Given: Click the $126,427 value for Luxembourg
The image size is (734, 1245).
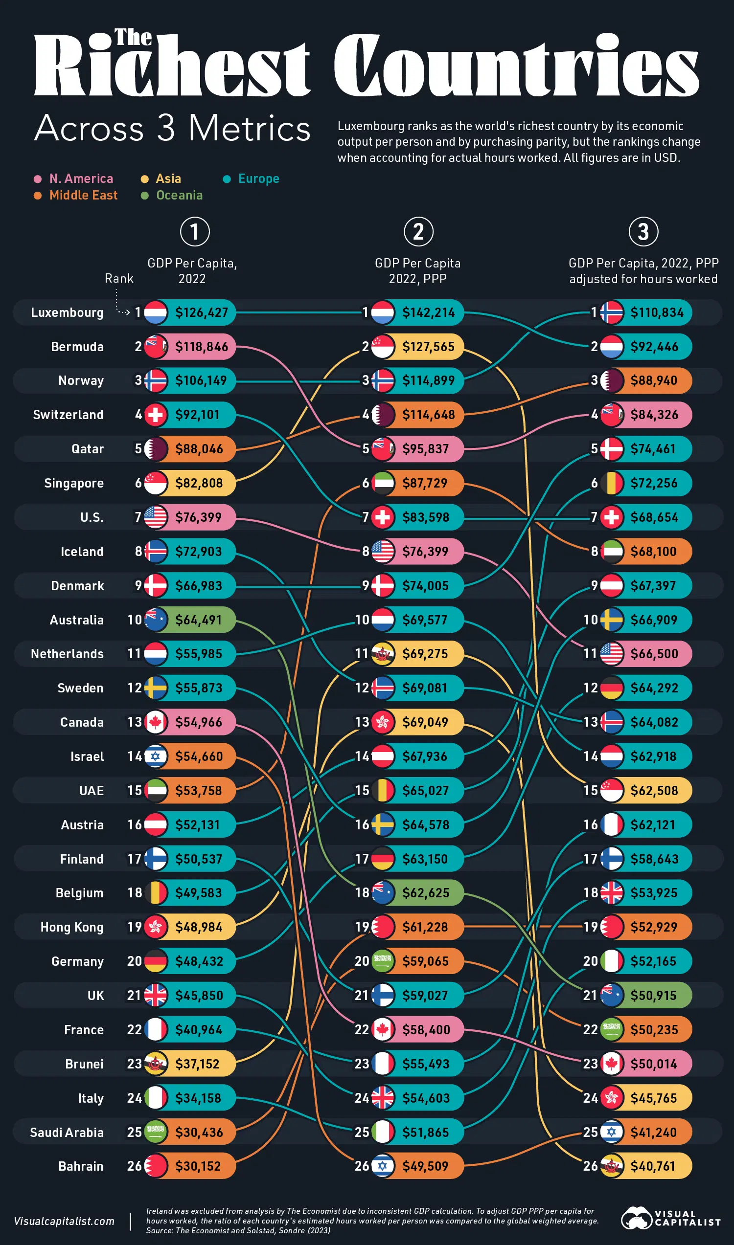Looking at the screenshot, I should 201,312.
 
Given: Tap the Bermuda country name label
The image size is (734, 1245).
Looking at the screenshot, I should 77,347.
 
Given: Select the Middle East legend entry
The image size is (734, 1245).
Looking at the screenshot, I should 83,195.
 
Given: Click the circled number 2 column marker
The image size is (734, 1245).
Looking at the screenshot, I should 418,231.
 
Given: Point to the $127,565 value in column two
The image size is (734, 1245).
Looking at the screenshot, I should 428,347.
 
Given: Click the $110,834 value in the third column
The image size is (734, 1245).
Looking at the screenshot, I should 657,312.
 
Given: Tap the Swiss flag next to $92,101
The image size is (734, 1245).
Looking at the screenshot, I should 155,415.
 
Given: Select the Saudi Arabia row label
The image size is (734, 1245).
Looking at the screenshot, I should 67,1133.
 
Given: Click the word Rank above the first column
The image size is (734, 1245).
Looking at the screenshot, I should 119,278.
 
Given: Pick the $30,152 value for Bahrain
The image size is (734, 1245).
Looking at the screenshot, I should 198,1166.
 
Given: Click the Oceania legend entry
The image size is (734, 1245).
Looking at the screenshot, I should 179,195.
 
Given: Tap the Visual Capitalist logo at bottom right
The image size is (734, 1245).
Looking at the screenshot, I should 670,1218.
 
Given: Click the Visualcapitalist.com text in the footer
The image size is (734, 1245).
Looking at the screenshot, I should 64,1221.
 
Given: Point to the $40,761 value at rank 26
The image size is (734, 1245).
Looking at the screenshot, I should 652,1166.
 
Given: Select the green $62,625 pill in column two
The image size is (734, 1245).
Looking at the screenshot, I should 426,892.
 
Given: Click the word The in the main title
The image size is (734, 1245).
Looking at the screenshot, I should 133,38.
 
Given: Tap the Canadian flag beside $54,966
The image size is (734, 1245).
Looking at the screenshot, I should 155,722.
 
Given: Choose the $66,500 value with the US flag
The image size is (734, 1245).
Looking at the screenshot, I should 654,654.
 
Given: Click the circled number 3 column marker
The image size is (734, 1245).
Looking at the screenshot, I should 643,231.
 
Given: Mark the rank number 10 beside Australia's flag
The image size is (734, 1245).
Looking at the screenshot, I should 135,620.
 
